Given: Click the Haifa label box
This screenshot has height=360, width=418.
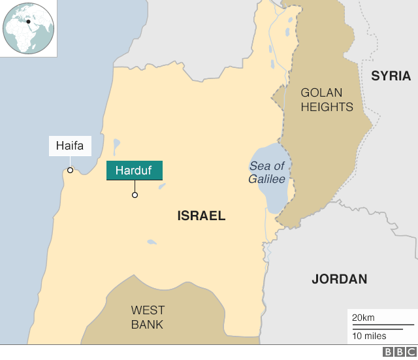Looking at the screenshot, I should pyautogui.click(x=70, y=146).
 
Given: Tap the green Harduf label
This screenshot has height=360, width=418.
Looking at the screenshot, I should pyautogui.click(x=135, y=171).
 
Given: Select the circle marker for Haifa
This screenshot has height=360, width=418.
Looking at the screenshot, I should pyautogui.click(x=70, y=171).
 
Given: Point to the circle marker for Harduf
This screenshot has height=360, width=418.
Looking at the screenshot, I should pyautogui.click(x=135, y=195).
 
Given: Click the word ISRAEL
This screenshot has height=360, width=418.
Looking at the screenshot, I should pyautogui.click(x=201, y=216).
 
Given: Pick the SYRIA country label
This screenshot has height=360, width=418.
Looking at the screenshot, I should pyautogui.click(x=391, y=76).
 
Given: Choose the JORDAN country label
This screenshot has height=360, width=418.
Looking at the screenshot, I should pyautogui.click(x=339, y=279).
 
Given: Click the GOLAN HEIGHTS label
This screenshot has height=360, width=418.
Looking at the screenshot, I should pyautogui.click(x=327, y=100).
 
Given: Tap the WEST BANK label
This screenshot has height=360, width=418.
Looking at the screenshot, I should pyautogui.click(x=148, y=317).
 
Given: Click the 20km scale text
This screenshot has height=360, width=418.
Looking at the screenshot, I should pyautogui.click(x=363, y=318).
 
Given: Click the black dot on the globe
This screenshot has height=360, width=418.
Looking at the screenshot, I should pyautogui.click(x=28, y=22).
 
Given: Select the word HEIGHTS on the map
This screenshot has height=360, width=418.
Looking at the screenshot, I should pyautogui.click(x=327, y=107).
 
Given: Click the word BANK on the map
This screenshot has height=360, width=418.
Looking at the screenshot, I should pyautogui.click(x=148, y=324).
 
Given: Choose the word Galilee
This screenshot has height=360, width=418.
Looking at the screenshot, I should pyautogui.click(x=266, y=179).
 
